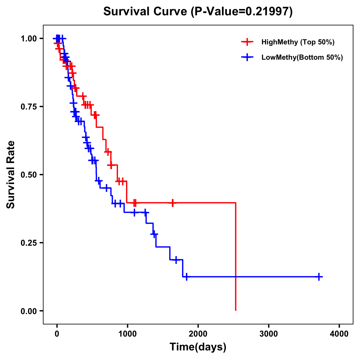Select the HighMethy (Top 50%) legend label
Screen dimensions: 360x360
(298, 42)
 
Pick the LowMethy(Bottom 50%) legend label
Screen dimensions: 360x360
(302, 57)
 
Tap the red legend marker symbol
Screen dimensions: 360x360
(247, 42)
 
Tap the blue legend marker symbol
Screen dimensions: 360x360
(247, 57)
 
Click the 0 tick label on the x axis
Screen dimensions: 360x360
(57, 334)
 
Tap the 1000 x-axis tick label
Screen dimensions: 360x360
(127, 334)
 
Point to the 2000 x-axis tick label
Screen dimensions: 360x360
(198, 334)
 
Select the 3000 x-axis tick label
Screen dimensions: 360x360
(268, 334)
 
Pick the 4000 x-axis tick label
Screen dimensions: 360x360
(339, 334)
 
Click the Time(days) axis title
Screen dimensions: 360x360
(198, 347)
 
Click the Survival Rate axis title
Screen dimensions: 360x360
(11, 174)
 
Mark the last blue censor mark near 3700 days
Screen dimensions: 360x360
(319, 277)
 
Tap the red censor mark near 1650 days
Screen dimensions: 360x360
(172, 203)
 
